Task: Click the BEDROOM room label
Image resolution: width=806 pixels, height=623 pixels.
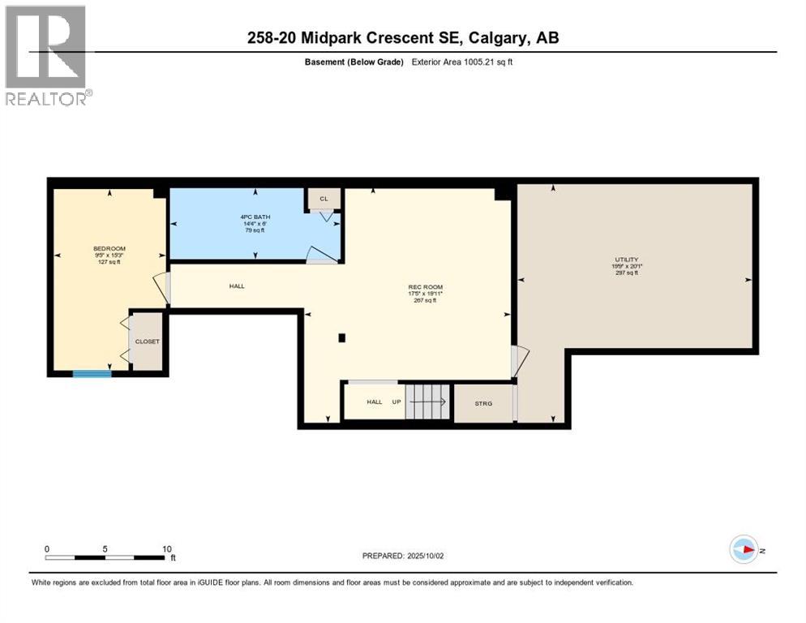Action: point(109,249)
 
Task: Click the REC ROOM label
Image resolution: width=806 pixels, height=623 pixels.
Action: point(425,286)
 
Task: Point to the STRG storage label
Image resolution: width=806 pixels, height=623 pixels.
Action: point(483,403)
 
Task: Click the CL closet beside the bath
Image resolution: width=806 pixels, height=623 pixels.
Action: point(324,199)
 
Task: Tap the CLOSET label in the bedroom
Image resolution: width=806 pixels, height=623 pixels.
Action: point(148,342)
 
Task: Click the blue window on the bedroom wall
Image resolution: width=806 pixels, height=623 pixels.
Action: point(92,373)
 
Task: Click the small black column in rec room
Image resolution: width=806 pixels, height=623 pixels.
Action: point(342,337)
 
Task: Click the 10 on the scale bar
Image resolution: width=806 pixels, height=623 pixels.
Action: point(166,548)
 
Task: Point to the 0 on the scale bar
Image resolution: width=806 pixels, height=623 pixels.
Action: point(47,548)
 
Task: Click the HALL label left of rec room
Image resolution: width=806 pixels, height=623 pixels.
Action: point(237,286)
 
